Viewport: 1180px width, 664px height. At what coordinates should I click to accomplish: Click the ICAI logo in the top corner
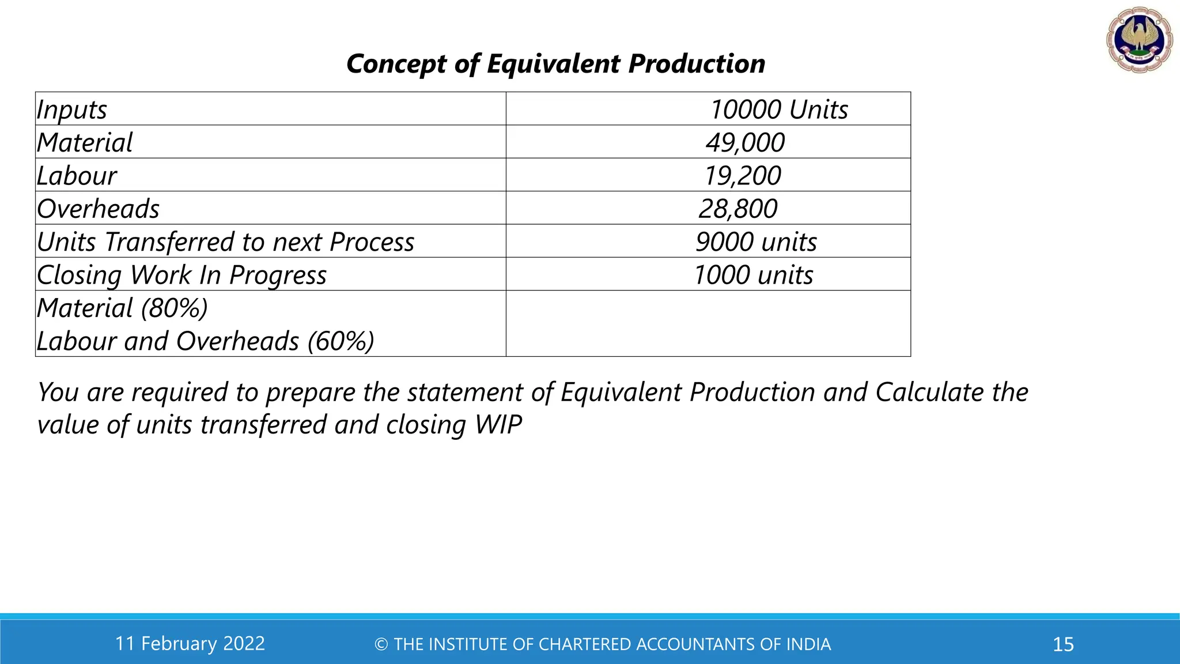[x=1139, y=39]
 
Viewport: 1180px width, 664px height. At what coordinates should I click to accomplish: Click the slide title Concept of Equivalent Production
[x=555, y=63]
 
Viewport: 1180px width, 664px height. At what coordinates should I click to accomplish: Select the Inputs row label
[x=72, y=110]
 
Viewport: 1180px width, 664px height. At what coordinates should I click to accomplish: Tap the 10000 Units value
[x=778, y=110]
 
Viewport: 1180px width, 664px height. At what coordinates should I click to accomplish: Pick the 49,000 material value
[x=745, y=142]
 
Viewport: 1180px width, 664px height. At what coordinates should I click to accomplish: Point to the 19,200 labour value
[x=742, y=176]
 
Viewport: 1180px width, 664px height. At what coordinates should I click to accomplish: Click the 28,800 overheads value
[x=738, y=209]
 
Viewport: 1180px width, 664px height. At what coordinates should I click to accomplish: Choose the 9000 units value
[x=756, y=242]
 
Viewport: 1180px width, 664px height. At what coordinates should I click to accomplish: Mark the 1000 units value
[x=753, y=275]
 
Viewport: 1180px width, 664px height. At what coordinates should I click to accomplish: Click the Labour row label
[x=77, y=176]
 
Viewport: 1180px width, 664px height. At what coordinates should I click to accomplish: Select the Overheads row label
[x=98, y=209]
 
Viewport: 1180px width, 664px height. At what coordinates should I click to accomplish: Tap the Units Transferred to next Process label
[x=225, y=242]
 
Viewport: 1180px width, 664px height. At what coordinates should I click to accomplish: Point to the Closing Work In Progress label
[x=181, y=275]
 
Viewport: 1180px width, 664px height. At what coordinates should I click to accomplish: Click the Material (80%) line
[x=122, y=308]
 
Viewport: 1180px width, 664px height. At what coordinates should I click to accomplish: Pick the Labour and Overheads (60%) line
[x=205, y=341]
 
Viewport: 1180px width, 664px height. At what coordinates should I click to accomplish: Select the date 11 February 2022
[x=190, y=643]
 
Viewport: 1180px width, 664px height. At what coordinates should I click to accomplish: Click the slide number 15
[x=1063, y=644]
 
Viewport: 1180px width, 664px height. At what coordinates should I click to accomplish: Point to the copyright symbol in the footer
[x=381, y=644]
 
